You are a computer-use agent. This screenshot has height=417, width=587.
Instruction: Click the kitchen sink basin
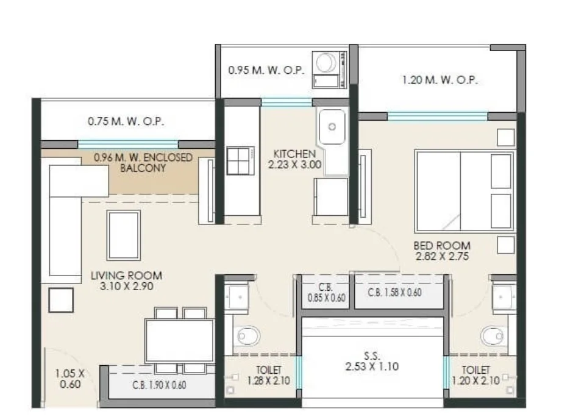click(x=332, y=127)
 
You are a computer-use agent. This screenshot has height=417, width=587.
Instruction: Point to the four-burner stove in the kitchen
click(x=240, y=161)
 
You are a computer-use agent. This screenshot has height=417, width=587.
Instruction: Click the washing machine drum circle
click(x=326, y=63)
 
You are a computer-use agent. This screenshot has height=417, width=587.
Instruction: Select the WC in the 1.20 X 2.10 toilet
click(x=494, y=336)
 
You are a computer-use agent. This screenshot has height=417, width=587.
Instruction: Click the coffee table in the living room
click(x=124, y=235)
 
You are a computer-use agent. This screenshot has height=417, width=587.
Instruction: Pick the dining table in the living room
click(x=180, y=341)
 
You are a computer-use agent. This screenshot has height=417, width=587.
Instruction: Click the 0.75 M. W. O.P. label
click(x=126, y=121)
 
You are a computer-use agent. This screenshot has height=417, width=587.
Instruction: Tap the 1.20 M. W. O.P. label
click(x=440, y=80)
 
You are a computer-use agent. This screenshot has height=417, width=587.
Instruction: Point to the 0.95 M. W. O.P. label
click(x=266, y=70)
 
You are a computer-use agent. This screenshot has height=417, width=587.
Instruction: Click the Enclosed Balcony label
click(x=143, y=162)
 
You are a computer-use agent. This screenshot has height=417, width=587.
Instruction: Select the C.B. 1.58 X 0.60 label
click(x=394, y=293)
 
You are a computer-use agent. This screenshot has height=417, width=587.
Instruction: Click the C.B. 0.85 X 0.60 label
click(x=327, y=293)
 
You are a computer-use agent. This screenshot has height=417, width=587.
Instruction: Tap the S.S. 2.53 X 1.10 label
click(x=372, y=362)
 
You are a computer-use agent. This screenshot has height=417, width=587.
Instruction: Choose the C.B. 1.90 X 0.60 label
click(x=159, y=385)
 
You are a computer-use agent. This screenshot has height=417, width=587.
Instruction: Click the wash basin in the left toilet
click(x=237, y=298)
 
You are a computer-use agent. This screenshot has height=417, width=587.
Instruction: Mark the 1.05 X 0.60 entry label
click(x=70, y=379)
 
